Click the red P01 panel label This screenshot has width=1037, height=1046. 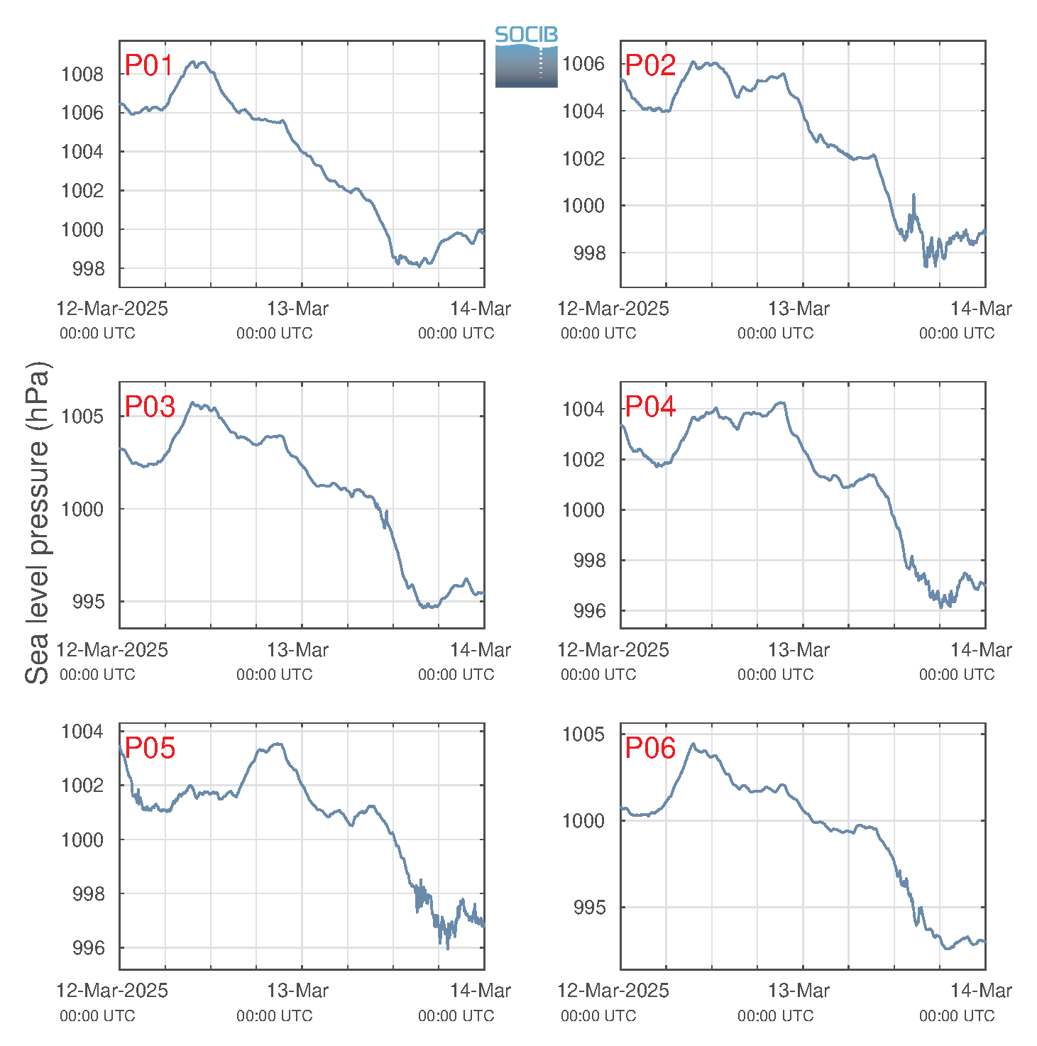(x=149, y=65)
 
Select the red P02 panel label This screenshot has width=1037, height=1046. (x=650, y=65)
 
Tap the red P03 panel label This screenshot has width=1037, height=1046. (x=150, y=407)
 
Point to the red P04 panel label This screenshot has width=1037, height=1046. (x=650, y=407)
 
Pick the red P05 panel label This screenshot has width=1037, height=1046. (x=150, y=748)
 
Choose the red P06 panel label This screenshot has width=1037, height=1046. (x=650, y=748)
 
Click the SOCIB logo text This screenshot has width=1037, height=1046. (x=526, y=35)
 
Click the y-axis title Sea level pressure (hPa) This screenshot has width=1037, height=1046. (x=38, y=522)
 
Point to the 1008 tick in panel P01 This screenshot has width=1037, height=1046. (x=82, y=75)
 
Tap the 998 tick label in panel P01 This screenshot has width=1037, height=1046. (x=89, y=268)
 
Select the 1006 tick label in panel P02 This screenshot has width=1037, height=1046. (x=583, y=63)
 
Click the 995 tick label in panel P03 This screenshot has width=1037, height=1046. (x=89, y=602)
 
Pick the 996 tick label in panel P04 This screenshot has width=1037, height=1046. (x=590, y=611)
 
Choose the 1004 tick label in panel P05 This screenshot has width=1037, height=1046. (x=82, y=731)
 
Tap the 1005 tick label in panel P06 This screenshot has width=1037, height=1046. (x=583, y=734)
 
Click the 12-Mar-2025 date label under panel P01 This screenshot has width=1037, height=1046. (x=112, y=308)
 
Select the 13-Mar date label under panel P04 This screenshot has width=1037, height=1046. (x=798, y=650)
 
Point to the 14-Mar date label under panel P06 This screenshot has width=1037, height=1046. (x=981, y=991)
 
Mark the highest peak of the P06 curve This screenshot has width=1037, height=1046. (x=692, y=744)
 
